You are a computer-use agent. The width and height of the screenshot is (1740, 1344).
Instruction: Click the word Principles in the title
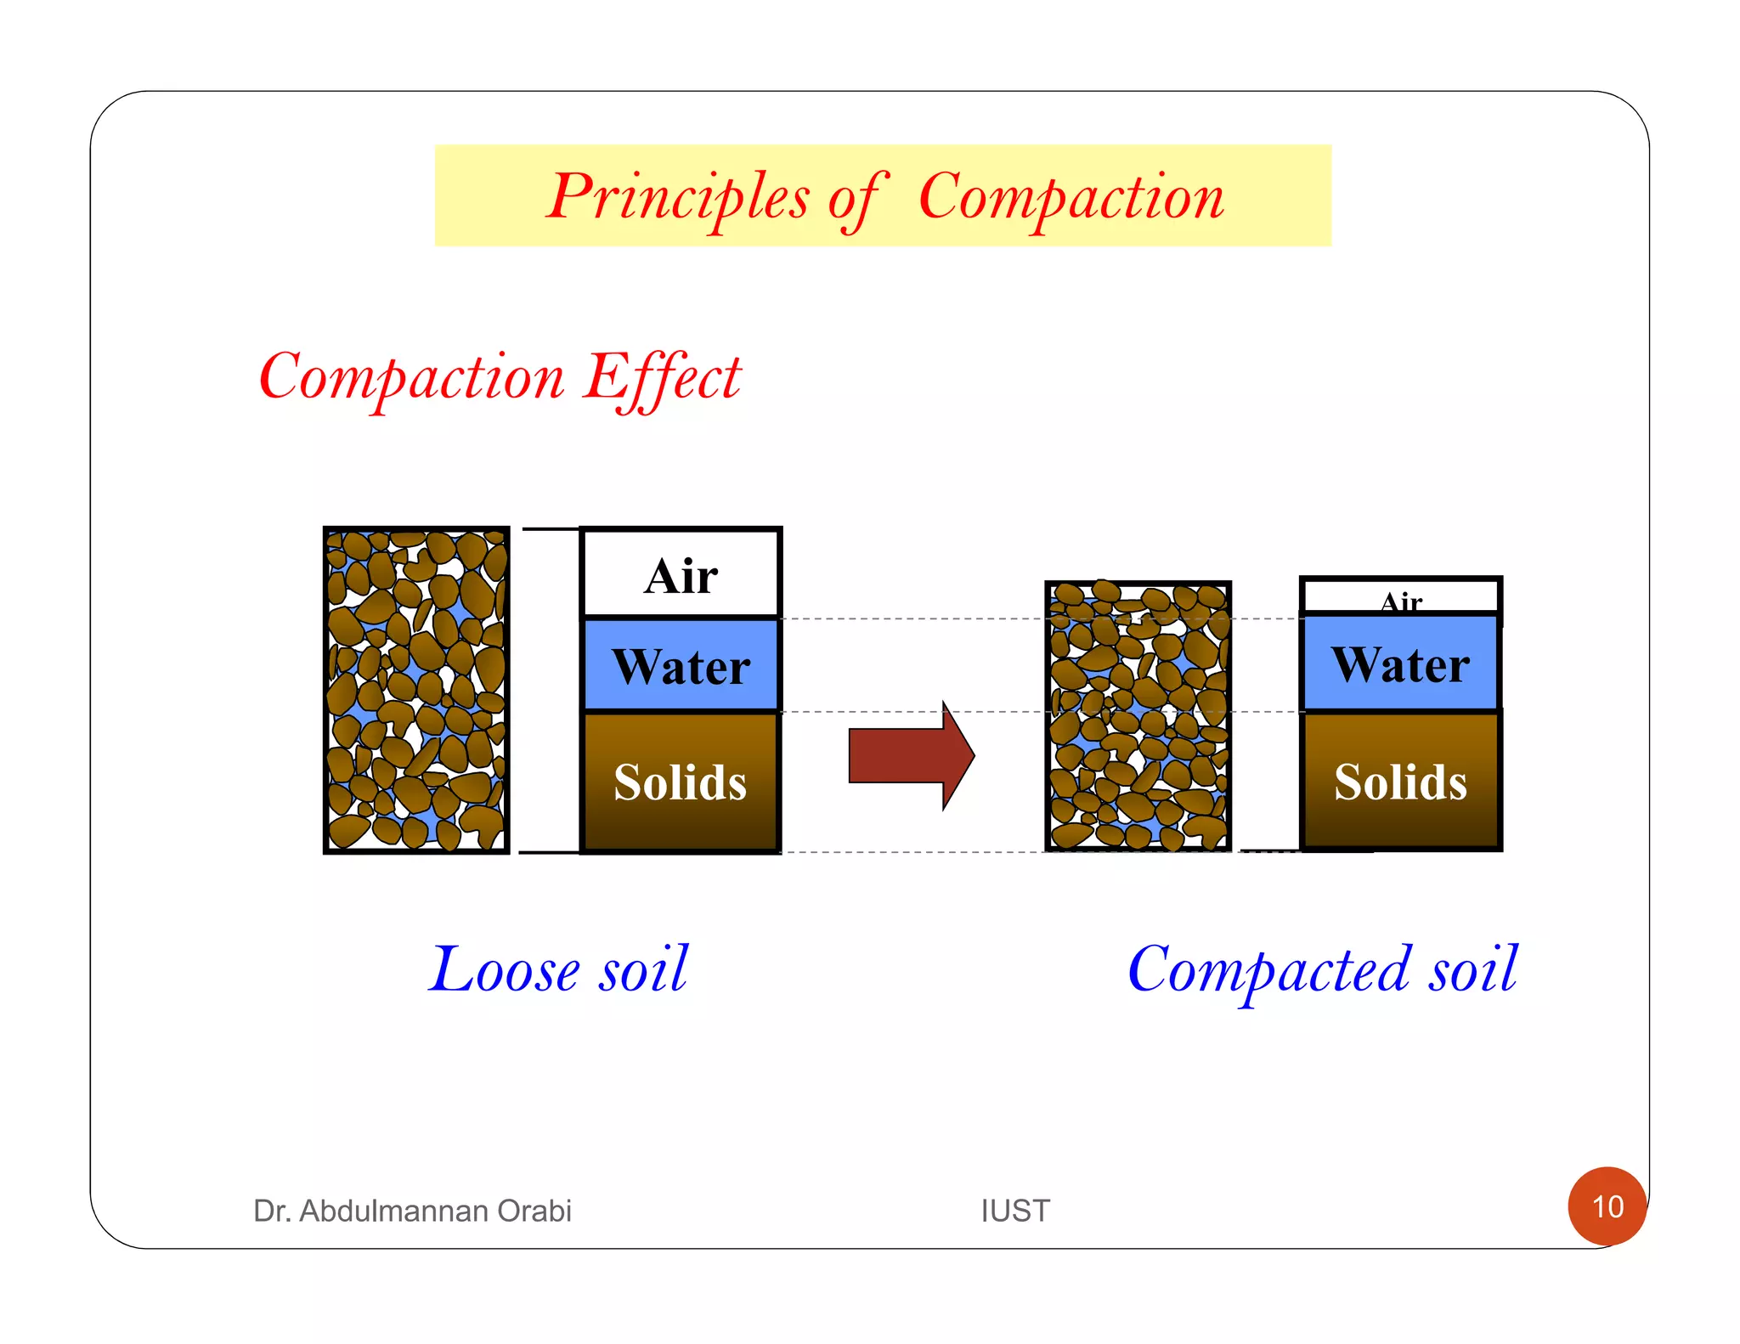(x=677, y=197)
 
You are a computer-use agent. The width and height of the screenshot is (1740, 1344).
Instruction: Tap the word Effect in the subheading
(x=662, y=377)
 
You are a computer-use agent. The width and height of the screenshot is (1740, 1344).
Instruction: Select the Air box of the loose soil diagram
(x=681, y=574)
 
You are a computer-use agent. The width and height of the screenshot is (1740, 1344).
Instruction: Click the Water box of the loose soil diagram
(x=681, y=665)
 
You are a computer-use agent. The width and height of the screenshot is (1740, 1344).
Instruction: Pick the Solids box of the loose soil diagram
(x=681, y=782)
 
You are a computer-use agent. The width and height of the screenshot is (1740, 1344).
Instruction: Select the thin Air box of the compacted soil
(x=1400, y=596)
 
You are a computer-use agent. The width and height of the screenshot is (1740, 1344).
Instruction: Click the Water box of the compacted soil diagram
(x=1400, y=664)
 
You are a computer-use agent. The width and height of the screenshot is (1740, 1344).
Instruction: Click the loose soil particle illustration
(x=416, y=690)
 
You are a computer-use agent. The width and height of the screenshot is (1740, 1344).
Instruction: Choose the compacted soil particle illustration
(x=1138, y=716)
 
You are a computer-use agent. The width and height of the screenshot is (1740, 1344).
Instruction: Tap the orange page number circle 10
(x=1607, y=1206)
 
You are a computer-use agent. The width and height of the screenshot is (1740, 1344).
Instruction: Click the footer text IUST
(x=1015, y=1211)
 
